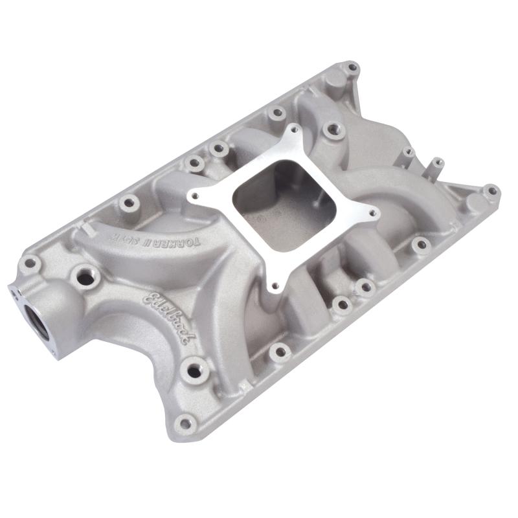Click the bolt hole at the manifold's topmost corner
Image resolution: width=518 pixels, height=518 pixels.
(352, 67)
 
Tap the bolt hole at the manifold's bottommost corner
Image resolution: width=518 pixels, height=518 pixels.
(186, 424)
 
